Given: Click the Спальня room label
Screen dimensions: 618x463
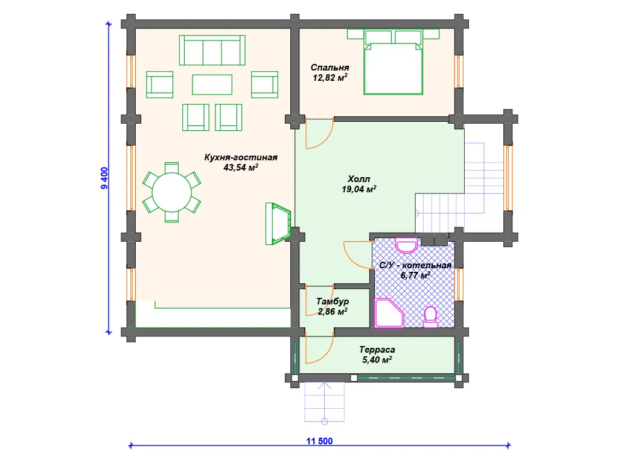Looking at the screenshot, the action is pos(330,68).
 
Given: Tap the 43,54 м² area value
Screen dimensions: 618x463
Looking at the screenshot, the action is pos(241,168).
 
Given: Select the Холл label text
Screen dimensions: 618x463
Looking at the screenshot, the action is pos(358,179).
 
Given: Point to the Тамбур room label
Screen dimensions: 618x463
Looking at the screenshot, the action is pos(333,301).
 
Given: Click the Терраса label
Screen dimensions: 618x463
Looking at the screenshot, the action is pos(377,350).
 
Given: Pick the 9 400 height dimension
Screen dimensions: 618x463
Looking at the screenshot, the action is pos(104,178).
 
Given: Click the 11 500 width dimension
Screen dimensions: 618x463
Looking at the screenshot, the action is pos(320,441).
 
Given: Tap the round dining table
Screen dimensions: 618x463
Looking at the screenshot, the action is pos(172,192).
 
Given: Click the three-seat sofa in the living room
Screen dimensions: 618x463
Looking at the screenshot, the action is pos(212,50).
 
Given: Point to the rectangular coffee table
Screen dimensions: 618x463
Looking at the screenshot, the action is pos(212,84).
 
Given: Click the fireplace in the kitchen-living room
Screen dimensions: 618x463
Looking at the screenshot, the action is pos(278,224).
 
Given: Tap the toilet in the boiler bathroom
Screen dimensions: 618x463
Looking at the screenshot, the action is pos(430,317).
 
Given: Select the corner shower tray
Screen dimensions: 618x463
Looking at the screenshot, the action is pos(389,313).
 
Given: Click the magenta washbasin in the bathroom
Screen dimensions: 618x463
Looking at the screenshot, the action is pos(406,245).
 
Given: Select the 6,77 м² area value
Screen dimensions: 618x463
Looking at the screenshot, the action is pos(415,275).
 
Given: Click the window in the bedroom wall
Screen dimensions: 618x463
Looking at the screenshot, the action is pos(458,71).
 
